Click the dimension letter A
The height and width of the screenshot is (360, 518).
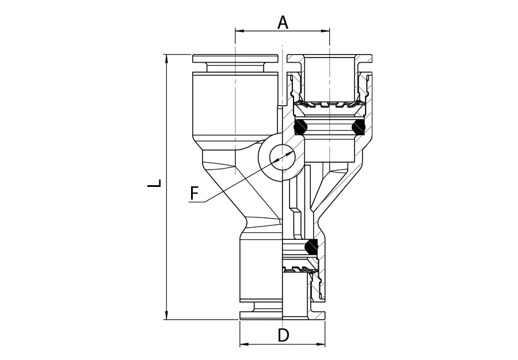[283, 23]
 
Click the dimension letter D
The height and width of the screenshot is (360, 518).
[283, 335]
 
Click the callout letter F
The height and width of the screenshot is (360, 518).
[194, 193]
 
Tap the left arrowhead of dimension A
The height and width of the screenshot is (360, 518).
[239, 31]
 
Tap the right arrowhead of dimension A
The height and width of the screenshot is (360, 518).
[326, 31]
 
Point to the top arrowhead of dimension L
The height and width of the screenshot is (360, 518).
[166, 59]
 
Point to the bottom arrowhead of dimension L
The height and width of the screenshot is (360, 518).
[166, 315]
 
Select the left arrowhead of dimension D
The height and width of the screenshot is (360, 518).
[244, 344]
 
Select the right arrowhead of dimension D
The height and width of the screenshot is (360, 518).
[321, 344]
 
